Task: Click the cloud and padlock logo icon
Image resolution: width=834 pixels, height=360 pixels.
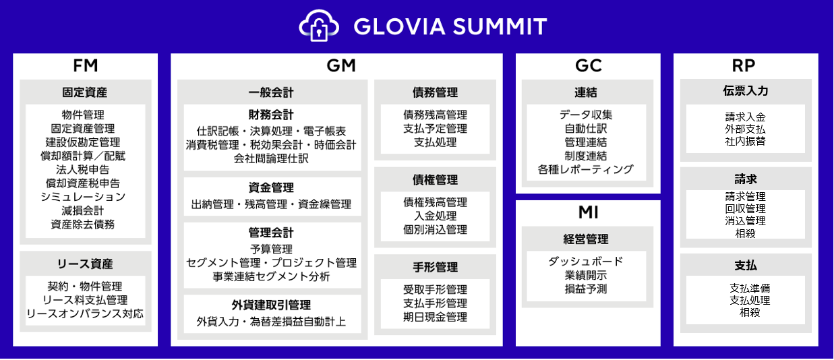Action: click(319, 26)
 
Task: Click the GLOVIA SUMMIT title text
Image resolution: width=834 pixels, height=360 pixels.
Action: click(450, 26)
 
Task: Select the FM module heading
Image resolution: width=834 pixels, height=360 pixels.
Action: click(86, 65)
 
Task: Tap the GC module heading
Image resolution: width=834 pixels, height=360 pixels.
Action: click(589, 65)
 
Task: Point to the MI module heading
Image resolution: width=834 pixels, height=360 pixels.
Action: click(589, 212)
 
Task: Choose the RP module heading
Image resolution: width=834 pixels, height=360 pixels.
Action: click(744, 65)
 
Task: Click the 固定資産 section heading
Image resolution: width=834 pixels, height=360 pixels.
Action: click(85, 92)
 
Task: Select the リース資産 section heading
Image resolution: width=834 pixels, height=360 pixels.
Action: click(85, 264)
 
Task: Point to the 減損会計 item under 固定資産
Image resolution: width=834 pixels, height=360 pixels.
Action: click(83, 211)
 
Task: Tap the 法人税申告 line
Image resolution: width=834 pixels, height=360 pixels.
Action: click(83, 170)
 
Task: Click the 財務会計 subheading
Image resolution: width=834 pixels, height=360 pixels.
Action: click(271, 115)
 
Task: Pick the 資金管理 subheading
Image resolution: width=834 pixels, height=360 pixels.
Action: click(271, 187)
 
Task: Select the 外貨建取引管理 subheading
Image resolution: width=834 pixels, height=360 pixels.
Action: click(271, 305)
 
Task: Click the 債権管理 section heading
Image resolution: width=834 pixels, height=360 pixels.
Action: click(435, 180)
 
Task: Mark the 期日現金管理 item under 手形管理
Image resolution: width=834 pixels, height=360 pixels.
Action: click(435, 317)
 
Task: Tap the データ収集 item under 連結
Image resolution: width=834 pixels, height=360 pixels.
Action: click(586, 115)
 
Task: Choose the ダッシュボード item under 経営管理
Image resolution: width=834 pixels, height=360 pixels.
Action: click(586, 262)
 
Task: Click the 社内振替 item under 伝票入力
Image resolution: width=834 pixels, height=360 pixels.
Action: click(746, 142)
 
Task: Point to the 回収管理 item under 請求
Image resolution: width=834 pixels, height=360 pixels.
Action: click(746, 209)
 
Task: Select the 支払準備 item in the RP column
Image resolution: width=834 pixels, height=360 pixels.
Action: click(750, 288)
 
